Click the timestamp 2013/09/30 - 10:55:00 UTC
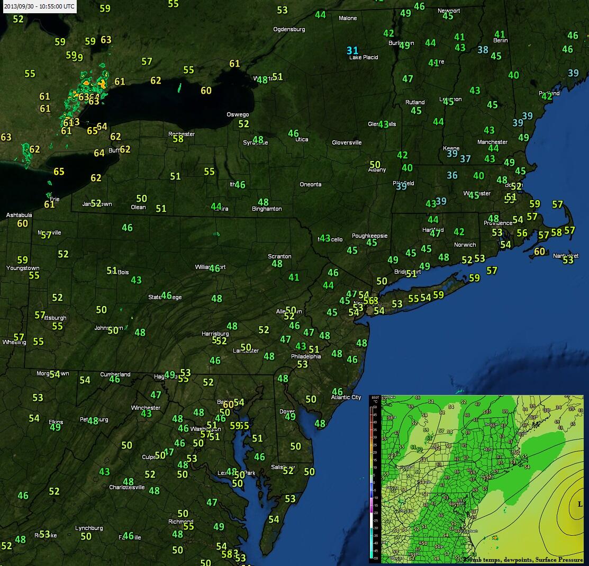[39, 6]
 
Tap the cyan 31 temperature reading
[352, 51]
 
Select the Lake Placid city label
[364, 57]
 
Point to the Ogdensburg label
[289, 29]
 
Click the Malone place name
[348, 18]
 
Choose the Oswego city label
[238, 114]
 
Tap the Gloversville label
[347, 142]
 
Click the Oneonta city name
[310, 184]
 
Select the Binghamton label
[267, 209]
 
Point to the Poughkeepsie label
[370, 236]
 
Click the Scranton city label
[279, 256]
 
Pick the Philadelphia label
[306, 356]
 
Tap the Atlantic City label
[346, 397]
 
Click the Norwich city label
[465, 245]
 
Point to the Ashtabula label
[19, 215]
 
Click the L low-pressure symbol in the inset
[579, 504]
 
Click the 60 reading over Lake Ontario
[206, 91]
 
